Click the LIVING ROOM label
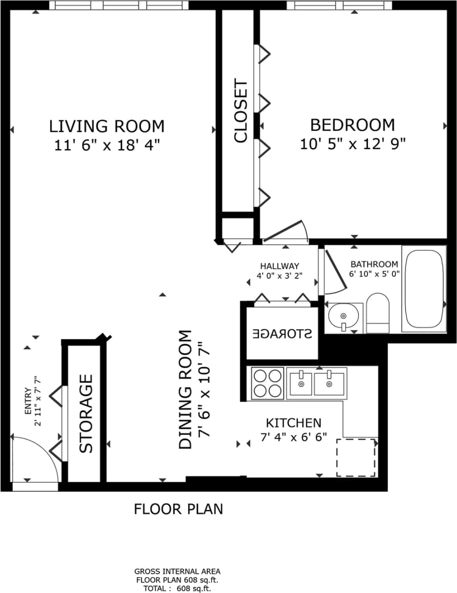coord(107,125)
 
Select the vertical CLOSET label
coord(241,111)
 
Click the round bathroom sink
coord(343,317)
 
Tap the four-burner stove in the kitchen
coord(267,383)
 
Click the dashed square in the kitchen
coord(356,457)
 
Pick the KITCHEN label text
coord(293,423)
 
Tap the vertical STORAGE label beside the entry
coord(86,413)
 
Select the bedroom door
coord(286,231)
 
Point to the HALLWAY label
coord(280,266)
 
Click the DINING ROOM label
coord(186,390)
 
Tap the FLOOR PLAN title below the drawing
coord(178,509)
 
